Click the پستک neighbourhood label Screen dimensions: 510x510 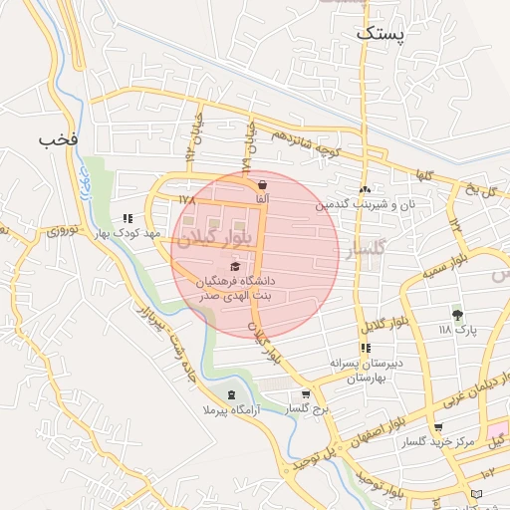[381, 33]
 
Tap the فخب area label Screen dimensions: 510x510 [57, 137]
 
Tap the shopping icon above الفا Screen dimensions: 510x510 [262, 184]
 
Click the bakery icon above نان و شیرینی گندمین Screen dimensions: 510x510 [366, 189]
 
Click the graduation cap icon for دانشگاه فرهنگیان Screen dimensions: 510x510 [235, 266]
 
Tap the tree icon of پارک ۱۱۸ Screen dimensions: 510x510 [457, 314]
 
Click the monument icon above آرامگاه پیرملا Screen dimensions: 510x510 [233, 394]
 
